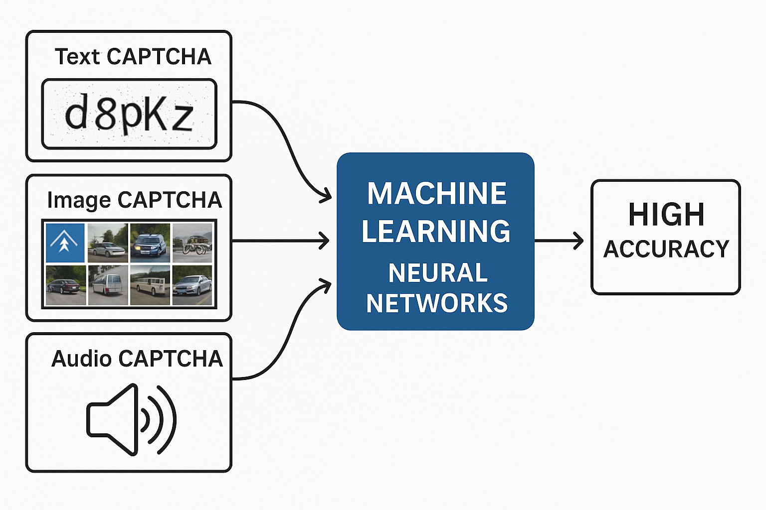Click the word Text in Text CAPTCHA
[77, 57]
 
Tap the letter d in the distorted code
[76, 114]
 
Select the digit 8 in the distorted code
[106, 115]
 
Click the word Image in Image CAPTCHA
[79, 200]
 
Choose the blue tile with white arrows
[65, 243]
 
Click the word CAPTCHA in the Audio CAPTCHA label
[171, 359]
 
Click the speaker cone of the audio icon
[113, 419]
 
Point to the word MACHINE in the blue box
[437, 193]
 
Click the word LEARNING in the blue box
[436, 231]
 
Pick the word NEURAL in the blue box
[438, 273]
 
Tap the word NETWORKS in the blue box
[437, 303]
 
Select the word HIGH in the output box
[666, 215]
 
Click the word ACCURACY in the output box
[666, 249]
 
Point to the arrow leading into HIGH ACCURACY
[559, 241]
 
